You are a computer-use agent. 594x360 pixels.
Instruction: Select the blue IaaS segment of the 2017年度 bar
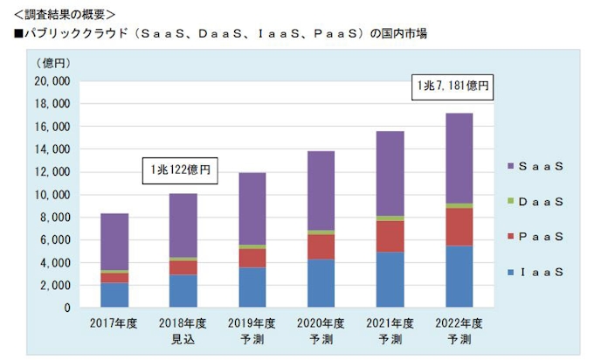pyautogui.click(x=114, y=295)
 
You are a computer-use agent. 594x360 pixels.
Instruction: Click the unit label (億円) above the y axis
pyautogui.click(x=54, y=64)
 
